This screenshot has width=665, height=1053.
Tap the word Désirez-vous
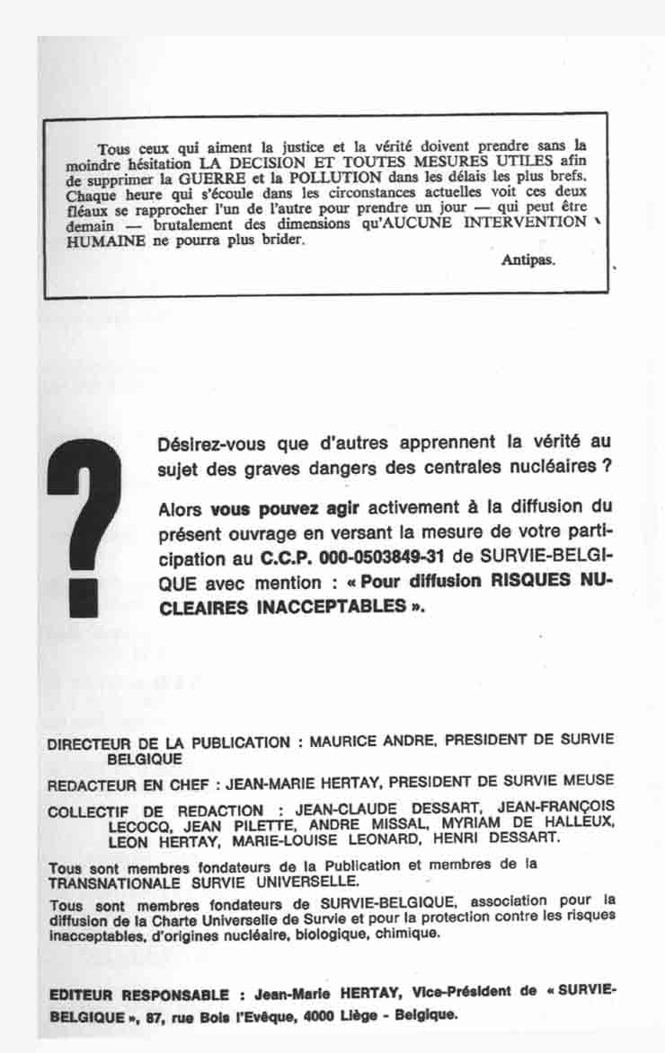point(205,443)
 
